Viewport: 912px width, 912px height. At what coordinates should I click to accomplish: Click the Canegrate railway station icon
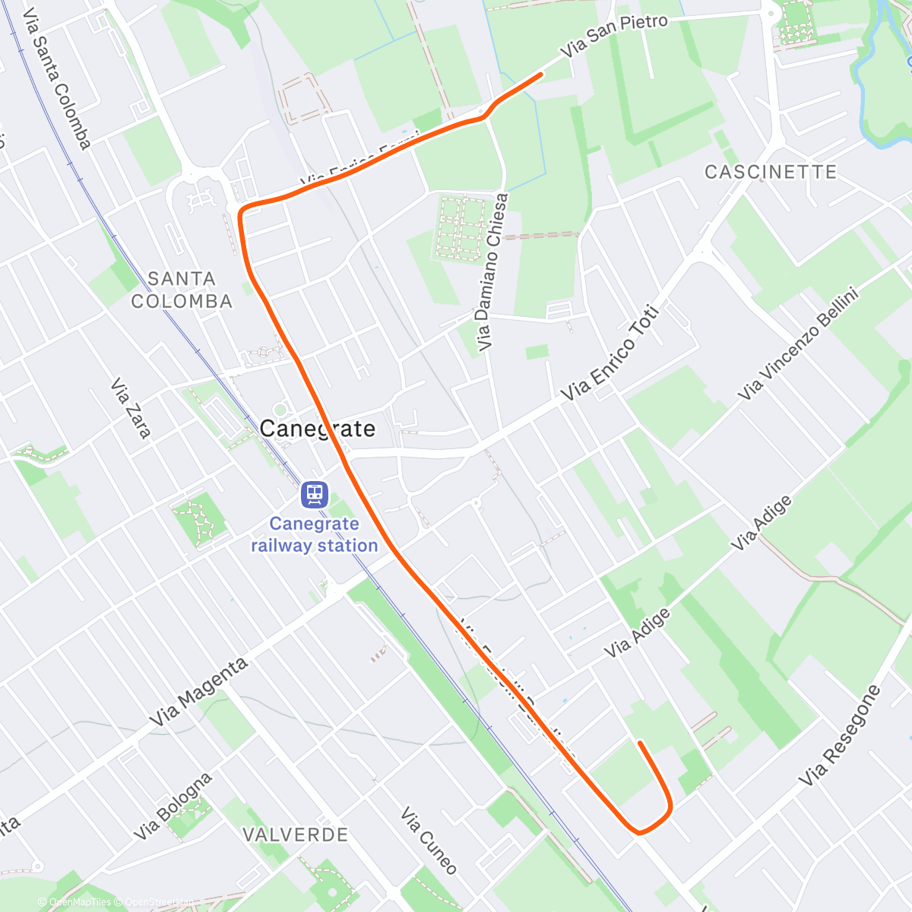coord(314,495)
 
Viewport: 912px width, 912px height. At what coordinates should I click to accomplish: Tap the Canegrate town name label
coord(318,429)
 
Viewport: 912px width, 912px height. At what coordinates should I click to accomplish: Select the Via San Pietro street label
coord(615,36)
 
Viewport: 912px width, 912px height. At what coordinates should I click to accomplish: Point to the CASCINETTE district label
coord(771,172)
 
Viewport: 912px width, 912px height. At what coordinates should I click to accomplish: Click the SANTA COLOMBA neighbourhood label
coord(182,290)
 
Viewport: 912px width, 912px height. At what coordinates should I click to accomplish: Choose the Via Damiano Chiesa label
coord(492,272)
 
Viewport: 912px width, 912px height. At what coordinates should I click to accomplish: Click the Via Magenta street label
coord(198,692)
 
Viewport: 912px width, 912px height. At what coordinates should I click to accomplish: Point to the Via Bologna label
coord(173,807)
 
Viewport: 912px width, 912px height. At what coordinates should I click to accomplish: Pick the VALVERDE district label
coord(295,834)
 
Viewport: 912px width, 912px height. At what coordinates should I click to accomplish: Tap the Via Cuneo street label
coord(429,841)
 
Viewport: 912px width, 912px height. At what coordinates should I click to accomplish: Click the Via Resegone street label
coord(840,736)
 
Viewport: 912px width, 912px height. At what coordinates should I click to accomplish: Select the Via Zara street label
coord(131,409)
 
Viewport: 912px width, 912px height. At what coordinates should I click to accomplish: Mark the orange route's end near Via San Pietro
coord(540,74)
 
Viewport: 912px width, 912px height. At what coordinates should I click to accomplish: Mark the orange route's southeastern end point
coord(641,743)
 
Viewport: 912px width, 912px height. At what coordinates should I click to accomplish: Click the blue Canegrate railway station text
coord(315,534)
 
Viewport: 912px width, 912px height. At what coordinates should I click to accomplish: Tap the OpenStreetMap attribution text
coord(158,902)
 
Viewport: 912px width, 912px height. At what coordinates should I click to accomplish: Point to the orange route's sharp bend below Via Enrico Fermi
coord(242,211)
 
